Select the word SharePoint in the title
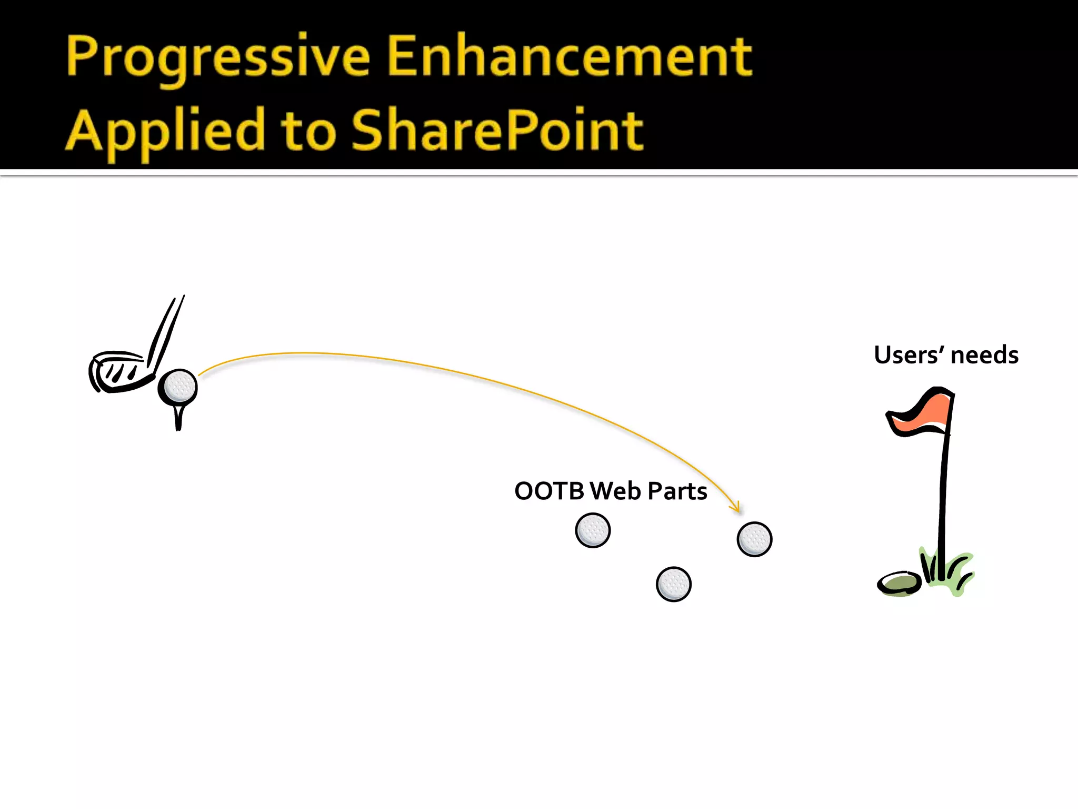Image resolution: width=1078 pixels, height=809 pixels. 497,131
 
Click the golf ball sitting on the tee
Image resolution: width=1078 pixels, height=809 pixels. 179,387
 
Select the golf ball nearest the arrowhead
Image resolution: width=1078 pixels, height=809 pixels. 754,539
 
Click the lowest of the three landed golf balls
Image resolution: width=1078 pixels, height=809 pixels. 673,584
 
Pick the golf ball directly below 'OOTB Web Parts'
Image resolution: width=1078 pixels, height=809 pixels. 593,530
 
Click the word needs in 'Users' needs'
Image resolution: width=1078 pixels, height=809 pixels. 984,355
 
